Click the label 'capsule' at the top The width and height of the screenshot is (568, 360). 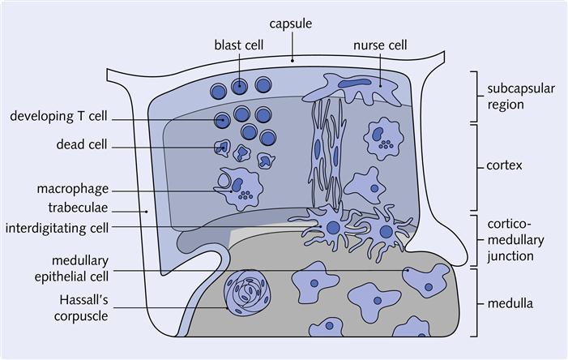pos(289,24)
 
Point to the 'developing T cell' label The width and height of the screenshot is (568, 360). pos(58,117)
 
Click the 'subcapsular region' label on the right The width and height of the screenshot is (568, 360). pos(520,96)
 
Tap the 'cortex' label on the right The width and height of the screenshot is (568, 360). pos(505,165)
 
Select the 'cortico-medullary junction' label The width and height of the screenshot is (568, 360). pos(515,239)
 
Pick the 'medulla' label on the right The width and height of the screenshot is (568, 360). pos(510,304)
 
